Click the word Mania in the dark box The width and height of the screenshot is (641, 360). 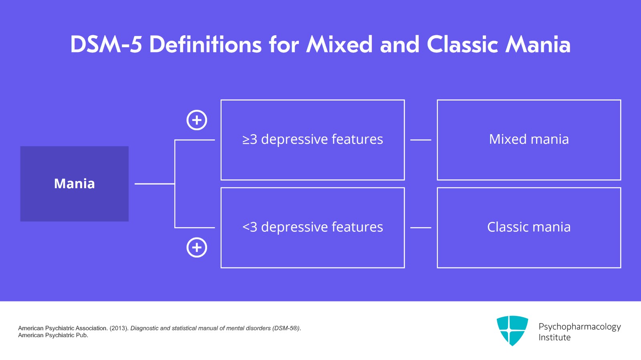[x=75, y=183]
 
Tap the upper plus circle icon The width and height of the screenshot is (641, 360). [x=197, y=120]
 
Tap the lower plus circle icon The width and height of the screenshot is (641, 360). [x=197, y=247]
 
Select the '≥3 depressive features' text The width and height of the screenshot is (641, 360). [x=312, y=139]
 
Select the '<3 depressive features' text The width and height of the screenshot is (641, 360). [x=312, y=227]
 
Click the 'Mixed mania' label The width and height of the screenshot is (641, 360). [x=529, y=139]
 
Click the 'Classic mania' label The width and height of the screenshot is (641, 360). [x=529, y=227]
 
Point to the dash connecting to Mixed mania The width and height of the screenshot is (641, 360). [x=421, y=140]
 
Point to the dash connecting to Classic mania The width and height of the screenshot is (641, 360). [x=421, y=227]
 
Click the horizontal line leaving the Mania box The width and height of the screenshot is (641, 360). [x=154, y=184]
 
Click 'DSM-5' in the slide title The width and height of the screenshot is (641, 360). [x=106, y=44]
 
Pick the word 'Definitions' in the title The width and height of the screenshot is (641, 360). [x=206, y=44]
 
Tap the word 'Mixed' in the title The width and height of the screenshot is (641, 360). [x=340, y=44]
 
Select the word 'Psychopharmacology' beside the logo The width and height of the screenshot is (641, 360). [x=579, y=327]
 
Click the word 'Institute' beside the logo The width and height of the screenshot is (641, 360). [x=554, y=338]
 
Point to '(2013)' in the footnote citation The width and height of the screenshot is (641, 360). [x=119, y=328]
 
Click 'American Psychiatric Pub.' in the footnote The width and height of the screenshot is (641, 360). [x=53, y=336]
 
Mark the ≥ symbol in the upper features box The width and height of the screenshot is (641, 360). [x=246, y=140]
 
